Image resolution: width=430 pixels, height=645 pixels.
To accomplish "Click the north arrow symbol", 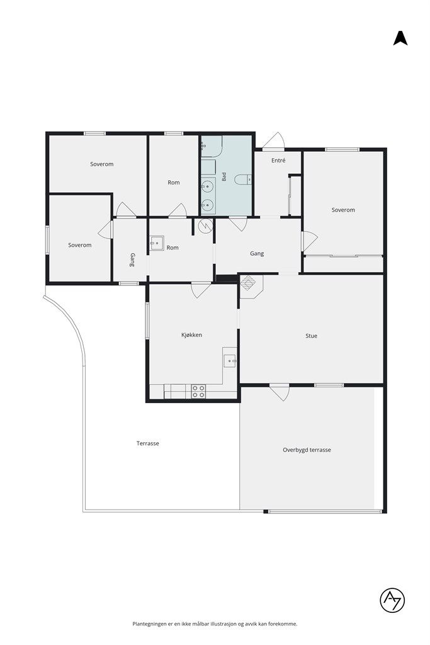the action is click(400, 38).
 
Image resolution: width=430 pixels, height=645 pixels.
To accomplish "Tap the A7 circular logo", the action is click(392, 600).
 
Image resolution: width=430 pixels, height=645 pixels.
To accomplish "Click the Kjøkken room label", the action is click(191, 335).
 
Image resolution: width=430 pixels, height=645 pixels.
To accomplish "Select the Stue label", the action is click(311, 336).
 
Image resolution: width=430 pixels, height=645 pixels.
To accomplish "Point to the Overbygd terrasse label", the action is click(307, 450).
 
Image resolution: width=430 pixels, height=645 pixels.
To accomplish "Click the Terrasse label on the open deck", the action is click(147, 443).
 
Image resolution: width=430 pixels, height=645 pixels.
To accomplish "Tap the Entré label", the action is click(278, 161).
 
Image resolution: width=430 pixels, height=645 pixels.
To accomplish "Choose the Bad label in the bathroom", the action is click(224, 176).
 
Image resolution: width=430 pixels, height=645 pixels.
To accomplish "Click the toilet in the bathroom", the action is click(244, 180).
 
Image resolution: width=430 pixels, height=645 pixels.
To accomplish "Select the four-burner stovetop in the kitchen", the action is click(198, 391).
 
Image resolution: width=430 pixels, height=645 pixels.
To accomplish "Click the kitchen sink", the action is click(230, 361).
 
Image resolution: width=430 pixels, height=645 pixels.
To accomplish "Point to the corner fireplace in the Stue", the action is click(251, 285).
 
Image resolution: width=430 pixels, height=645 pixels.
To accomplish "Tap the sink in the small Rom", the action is click(157, 243).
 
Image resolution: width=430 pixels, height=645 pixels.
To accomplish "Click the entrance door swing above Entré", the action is click(274, 140).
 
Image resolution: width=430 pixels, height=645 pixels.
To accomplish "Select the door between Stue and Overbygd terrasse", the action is click(280, 392).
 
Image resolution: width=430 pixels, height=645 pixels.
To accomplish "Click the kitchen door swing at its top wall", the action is click(201, 290).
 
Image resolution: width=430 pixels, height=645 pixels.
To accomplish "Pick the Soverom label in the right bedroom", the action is click(343, 210).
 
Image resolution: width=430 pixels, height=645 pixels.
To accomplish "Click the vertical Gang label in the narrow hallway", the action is click(132, 260).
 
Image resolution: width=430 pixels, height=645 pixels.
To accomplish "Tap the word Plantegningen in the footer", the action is click(149, 624).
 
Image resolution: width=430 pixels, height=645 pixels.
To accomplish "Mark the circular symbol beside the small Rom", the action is click(205, 225).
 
